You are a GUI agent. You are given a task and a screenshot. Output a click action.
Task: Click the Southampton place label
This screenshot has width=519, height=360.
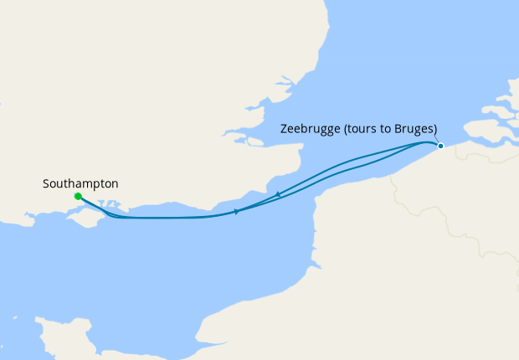80,183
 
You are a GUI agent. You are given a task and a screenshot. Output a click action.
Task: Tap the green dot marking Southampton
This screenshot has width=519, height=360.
78,196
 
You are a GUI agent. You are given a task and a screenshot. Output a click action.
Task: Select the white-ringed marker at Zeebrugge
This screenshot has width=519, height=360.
440,146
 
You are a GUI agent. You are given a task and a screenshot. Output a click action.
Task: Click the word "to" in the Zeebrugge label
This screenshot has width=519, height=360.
386,130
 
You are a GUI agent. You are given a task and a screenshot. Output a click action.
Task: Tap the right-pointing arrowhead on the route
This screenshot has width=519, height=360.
237,211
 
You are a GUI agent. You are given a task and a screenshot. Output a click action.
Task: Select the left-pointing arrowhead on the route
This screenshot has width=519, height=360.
276,195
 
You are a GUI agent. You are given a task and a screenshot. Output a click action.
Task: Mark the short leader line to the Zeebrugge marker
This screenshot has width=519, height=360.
436,140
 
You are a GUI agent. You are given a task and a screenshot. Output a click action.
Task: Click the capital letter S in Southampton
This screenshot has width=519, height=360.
46,183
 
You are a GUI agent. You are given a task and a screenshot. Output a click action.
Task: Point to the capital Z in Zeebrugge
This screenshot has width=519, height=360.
283,130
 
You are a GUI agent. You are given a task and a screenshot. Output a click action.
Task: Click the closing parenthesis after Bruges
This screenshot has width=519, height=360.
435,130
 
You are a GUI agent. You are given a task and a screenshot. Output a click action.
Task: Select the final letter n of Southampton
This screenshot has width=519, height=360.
114,183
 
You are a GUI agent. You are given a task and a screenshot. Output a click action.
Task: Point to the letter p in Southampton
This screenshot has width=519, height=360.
94,183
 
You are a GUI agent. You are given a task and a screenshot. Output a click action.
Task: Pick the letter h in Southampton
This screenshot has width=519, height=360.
72,183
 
